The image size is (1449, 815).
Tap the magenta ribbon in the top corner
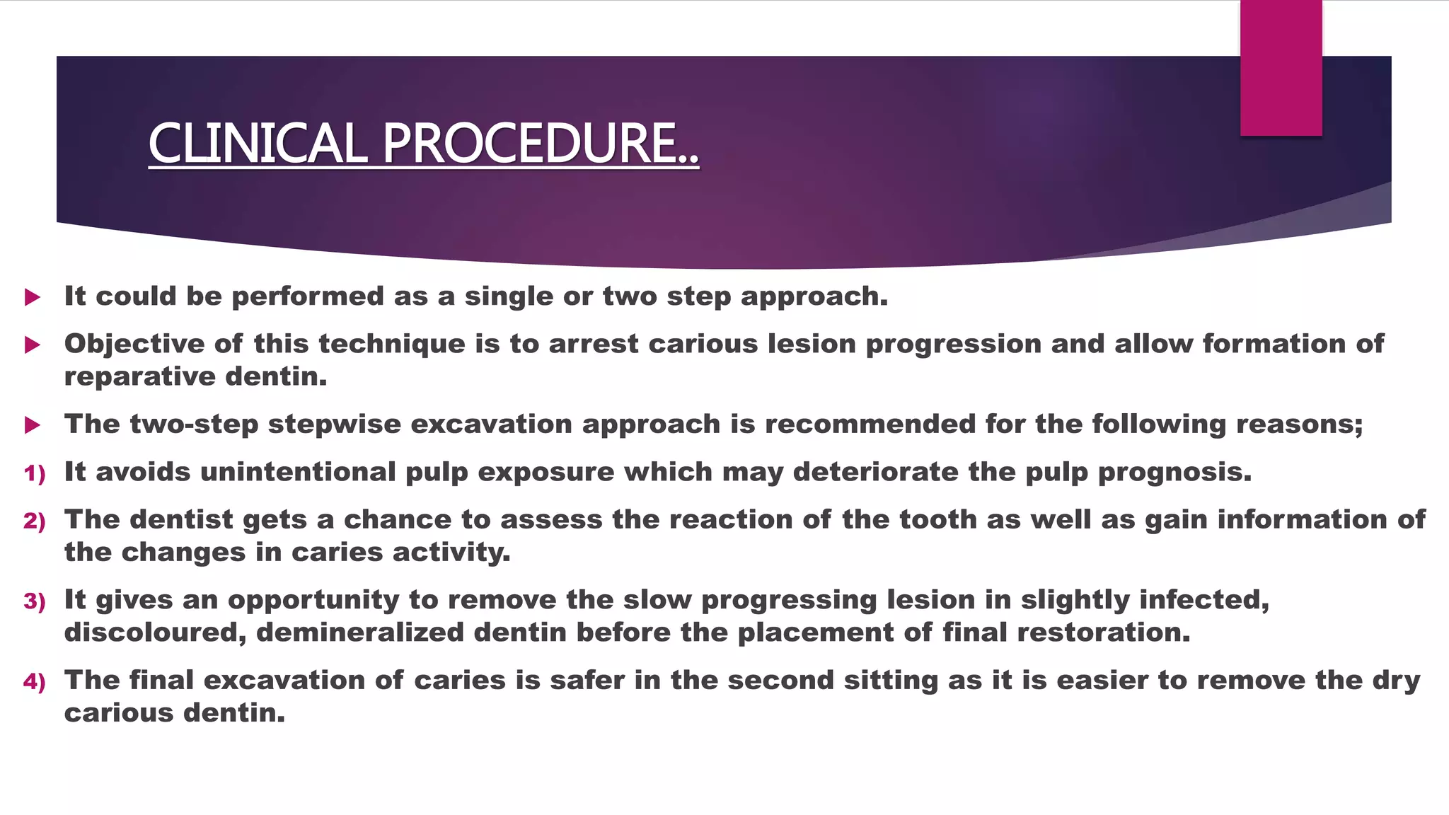1281,69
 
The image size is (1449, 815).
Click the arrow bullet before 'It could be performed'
32,297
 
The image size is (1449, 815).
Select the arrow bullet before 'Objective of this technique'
32,345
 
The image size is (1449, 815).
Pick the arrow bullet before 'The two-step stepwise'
32,425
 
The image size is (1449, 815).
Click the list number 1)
34,473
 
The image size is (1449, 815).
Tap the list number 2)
34,521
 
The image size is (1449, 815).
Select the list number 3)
34,601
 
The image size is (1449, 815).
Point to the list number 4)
34,682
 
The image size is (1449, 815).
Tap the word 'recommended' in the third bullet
870,424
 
